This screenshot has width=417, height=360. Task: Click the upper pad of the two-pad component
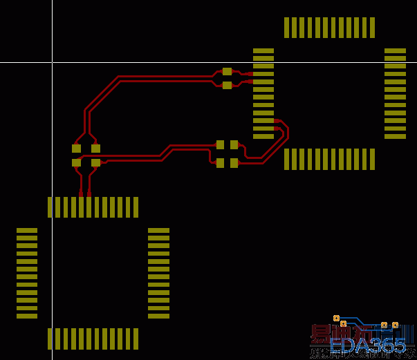coord(227,71)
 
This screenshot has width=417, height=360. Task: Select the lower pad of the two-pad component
coord(227,86)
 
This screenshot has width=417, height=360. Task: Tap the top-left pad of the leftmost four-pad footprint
coord(76,148)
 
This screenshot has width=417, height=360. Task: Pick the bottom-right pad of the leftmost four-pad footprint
coord(95,163)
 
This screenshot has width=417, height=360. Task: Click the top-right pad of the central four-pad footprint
coord(234,144)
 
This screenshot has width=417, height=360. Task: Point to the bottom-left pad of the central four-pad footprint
coord(220,163)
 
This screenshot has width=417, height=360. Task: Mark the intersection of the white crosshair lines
coord(52,62)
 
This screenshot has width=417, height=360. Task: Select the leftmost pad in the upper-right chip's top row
coord(287,28)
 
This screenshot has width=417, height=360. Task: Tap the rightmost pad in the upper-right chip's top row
coord(372,28)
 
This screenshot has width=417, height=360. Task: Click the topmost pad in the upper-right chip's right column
coord(395,50)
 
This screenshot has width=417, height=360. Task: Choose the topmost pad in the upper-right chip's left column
coord(263,50)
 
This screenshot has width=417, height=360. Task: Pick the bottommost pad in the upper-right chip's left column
coord(263,136)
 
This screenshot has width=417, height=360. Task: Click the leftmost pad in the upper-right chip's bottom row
coord(287,159)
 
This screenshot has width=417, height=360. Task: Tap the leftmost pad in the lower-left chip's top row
coord(50,207)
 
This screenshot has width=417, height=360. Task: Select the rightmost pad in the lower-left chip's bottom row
coord(136,339)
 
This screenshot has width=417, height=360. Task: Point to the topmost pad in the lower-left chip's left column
coord(27,230)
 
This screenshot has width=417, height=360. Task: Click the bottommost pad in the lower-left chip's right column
coord(158,316)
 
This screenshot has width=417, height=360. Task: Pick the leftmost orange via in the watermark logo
coord(336,318)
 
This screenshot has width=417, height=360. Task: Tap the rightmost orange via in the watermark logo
coord(395,325)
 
